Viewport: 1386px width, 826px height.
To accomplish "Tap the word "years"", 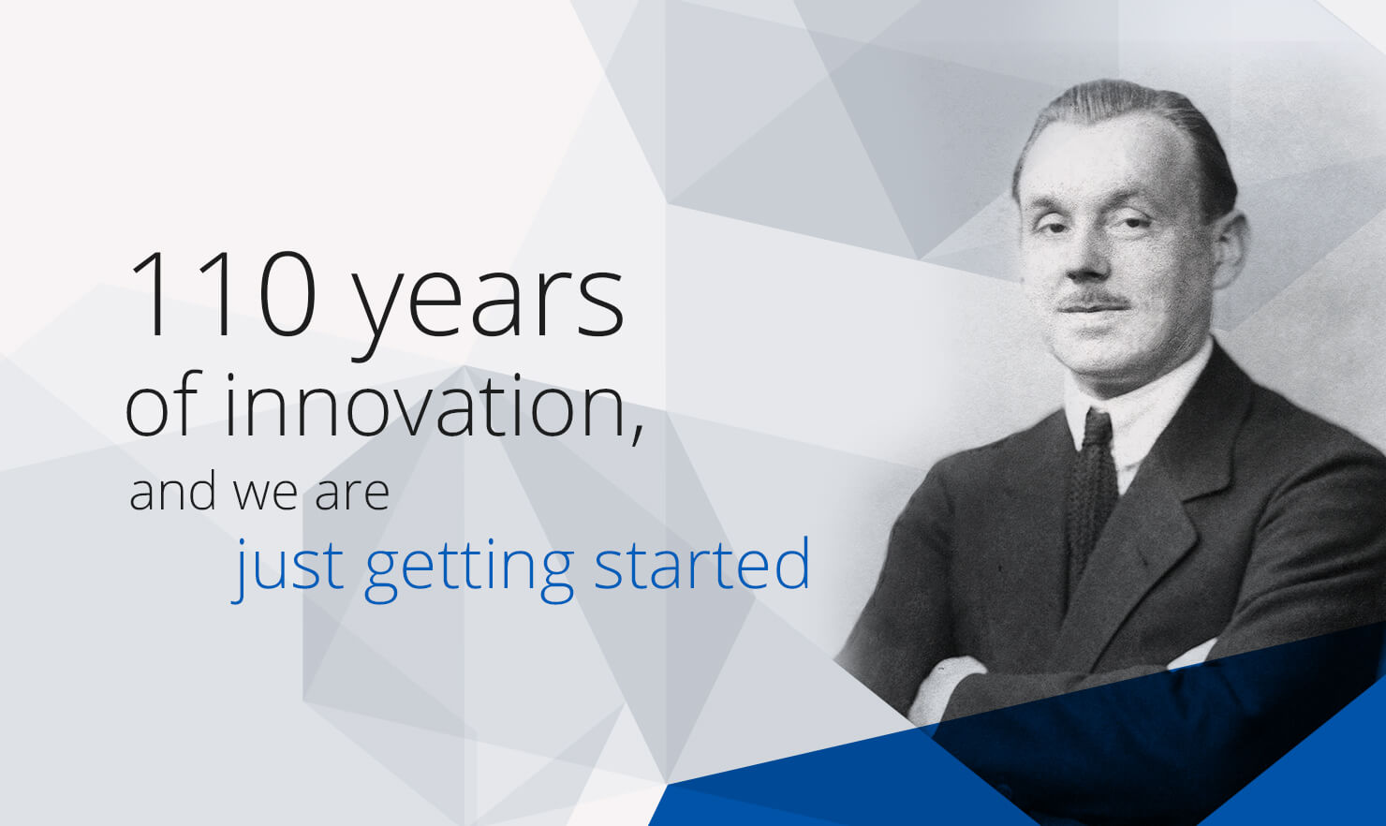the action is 489,306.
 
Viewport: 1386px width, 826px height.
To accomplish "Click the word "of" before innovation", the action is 164,404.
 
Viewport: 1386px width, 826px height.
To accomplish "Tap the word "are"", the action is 352,495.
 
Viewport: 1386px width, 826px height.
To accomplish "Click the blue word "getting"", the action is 469,569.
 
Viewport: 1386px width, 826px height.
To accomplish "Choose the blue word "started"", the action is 702,563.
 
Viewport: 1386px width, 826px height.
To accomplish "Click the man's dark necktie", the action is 1093,489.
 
